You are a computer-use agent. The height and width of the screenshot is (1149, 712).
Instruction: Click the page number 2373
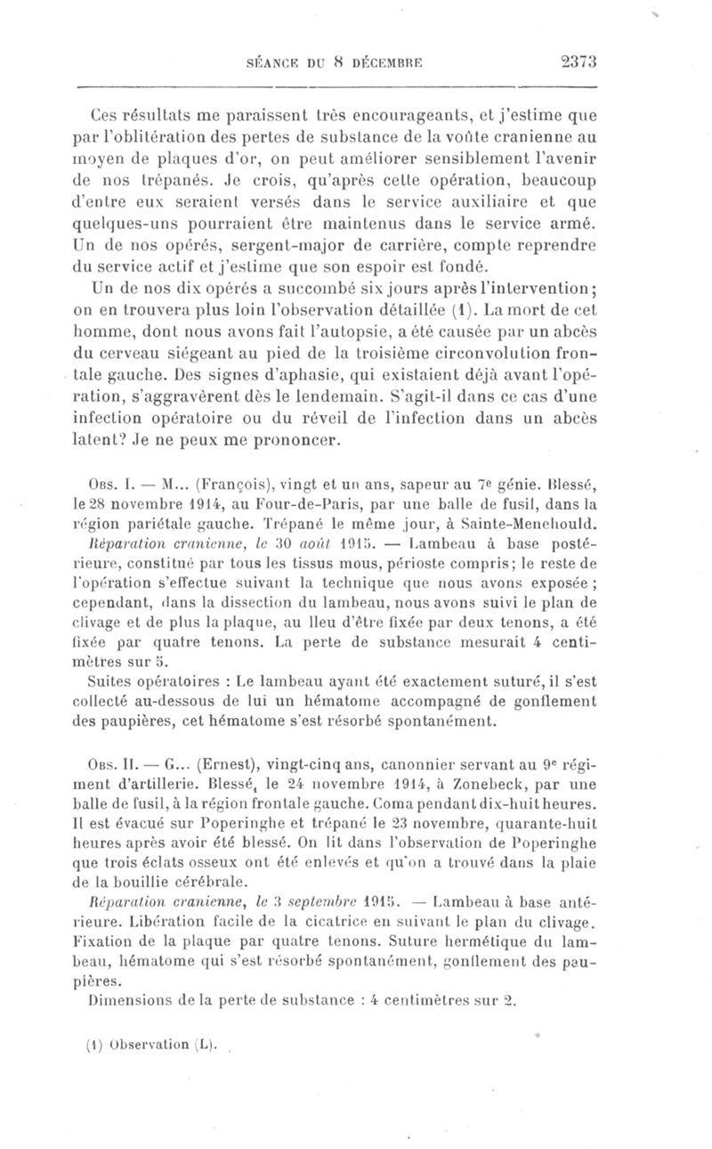(578, 62)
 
